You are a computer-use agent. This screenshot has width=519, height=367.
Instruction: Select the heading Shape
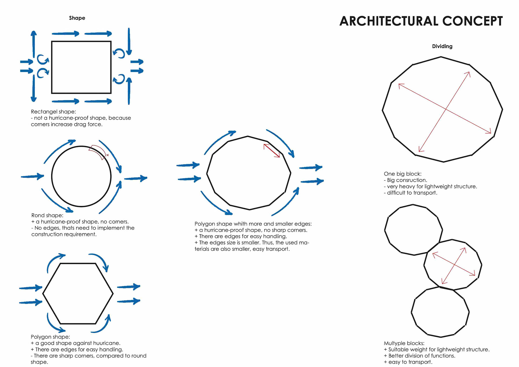pyautogui.click(x=77, y=18)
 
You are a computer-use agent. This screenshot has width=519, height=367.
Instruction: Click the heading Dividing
pyautogui.click(x=442, y=46)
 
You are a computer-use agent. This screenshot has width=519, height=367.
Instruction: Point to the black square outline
pyautogui.click(x=52, y=67)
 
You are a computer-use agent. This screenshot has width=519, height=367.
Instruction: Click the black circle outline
pyautogui.click(x=52, y=176)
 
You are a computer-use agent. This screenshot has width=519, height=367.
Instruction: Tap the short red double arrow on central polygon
pyautogui.click(x=272, y=150)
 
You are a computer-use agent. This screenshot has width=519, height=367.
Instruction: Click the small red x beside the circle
pyautogui.click(x=108, y=155)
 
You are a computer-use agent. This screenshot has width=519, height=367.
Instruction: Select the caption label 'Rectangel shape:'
pyautogui.click(x=53, y=112)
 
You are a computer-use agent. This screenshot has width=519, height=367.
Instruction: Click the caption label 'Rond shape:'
pyautogui.click(x=47, y=215)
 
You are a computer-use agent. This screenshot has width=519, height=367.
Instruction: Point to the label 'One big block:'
pyautogui.click(x=402, y=174)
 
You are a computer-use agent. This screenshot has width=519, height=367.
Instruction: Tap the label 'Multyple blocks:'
pyautogui.click(x=404, y=343)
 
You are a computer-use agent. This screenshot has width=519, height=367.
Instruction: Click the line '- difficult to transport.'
pyautogui.click(x=410, y=193)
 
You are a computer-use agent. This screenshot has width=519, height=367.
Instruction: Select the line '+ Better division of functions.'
pyautogui.click(x=419, y=356)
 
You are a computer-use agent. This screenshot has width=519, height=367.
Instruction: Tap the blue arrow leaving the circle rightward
pyautogui.click(x=136, y=178)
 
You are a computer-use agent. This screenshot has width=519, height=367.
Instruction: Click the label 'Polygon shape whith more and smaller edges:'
pyautogui.click(x=253, y=224)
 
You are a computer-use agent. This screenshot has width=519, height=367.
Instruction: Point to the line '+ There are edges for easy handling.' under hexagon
pyautogui.click(x=77, y=349)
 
